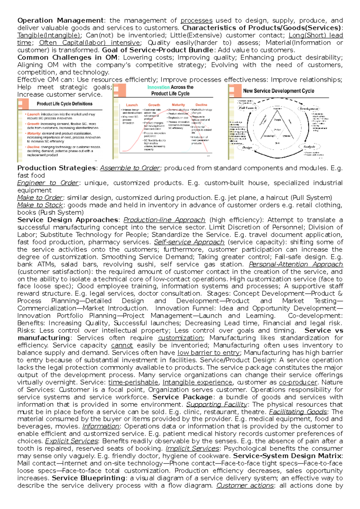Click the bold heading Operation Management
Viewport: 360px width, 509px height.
click(60, 20)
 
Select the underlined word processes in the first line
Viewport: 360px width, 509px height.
click(196, 20)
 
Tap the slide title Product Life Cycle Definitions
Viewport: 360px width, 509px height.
click(64, 104)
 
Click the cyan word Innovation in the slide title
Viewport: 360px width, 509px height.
click(158, 87)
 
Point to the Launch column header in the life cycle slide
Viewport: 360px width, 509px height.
click(132, 105)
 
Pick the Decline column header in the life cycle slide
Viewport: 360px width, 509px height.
click(201, 105)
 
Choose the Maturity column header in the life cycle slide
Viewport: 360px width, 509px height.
click(178, 105)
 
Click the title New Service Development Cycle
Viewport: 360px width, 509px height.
click(278, 91)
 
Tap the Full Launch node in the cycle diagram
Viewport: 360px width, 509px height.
click(247, 108)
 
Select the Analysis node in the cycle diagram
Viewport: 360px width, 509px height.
click(309, 147)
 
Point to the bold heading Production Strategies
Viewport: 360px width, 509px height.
click(56, 168)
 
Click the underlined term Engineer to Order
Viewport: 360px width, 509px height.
click(48, 183)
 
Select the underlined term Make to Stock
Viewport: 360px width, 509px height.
click(40, 205)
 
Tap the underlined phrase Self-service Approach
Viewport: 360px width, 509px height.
click(189, 242)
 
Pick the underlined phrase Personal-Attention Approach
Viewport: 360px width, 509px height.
click(296, 264)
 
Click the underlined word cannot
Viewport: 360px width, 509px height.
click(122, 345)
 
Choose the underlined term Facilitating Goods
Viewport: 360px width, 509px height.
click(298, 412)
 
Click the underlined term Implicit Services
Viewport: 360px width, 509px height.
click(192, 448)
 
